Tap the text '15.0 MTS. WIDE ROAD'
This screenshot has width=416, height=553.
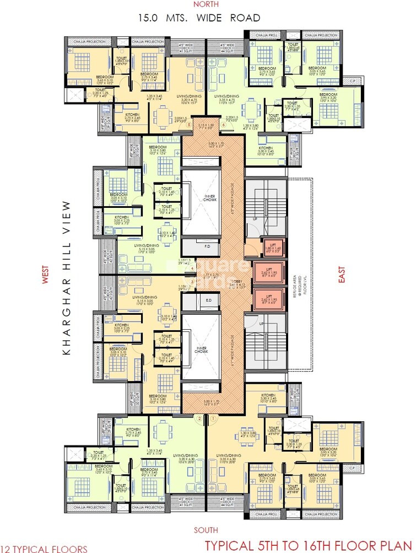[199, 18]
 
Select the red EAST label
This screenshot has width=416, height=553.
[341, 275]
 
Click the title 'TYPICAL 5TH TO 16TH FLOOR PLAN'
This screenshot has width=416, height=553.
[309, 546]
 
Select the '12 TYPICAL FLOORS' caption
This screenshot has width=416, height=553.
[44, 549]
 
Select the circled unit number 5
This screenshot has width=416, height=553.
[189, 125]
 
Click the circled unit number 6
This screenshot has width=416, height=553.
[224, 125]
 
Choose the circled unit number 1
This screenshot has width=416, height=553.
[212, 418]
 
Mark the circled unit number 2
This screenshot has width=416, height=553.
[199, 418]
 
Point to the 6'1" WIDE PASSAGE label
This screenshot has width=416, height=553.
[234, 353]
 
